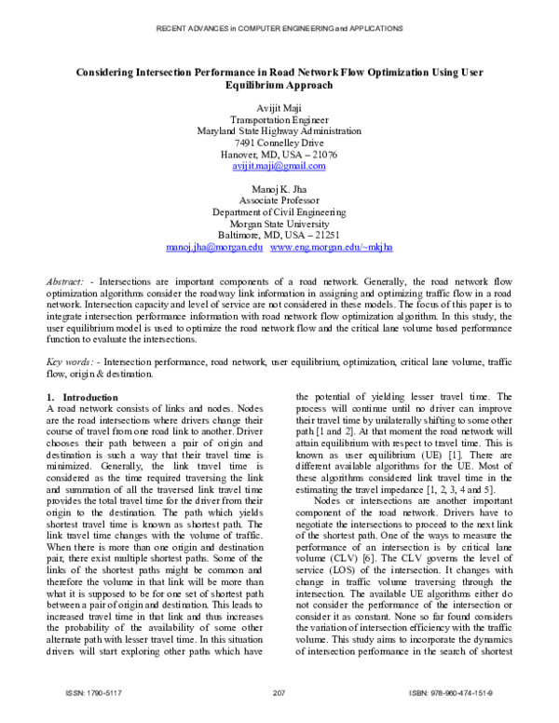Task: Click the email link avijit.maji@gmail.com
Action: [x=279, y=166]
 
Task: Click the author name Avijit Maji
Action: [x=279, y=109]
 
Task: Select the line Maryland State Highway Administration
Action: [x=279, y=131]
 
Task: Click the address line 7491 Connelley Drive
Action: [x=279, y=143]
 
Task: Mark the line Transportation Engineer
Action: [x=279, y=120]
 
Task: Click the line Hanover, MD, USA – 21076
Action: [x=279, y=155]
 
